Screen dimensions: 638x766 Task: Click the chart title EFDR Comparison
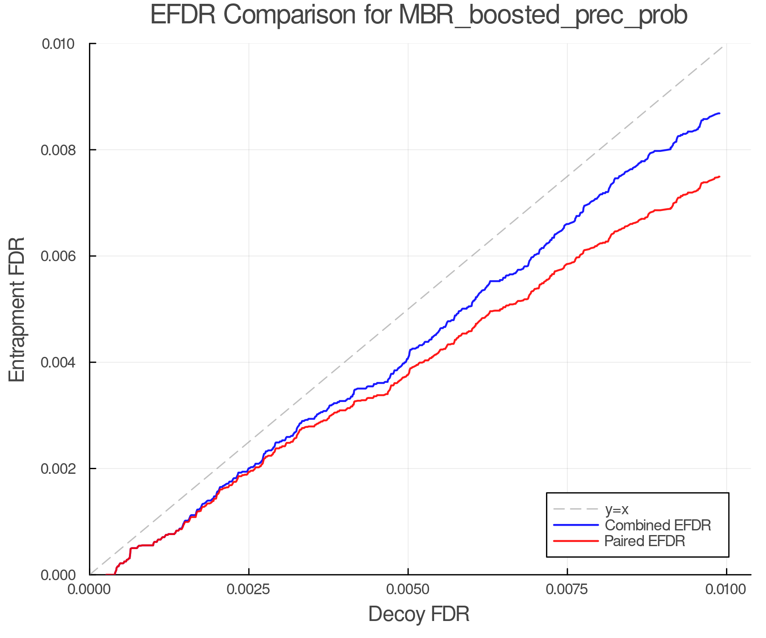[x=419, y=15]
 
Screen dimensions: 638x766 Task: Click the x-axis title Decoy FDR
[x=419, y=614]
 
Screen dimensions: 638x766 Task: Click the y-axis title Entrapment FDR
[x=17, y=309]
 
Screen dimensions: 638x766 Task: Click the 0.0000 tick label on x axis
[x=90, y=590]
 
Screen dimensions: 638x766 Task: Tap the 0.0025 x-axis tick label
[x=249, y=590]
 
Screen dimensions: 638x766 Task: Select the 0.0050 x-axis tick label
[x=408, y=590]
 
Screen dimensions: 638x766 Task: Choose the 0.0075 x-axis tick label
[x=567, y=590]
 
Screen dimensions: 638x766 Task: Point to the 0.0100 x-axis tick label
[x=726, y=590]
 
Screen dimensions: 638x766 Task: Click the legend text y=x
[x=617, y=509]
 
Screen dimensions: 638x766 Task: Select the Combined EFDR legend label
[x=657, y=525]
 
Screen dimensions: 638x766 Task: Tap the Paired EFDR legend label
[x=644, y=541]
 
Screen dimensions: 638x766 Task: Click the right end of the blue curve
[x=719, y=114]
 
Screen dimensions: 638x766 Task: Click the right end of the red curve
[x=719, y=177]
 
